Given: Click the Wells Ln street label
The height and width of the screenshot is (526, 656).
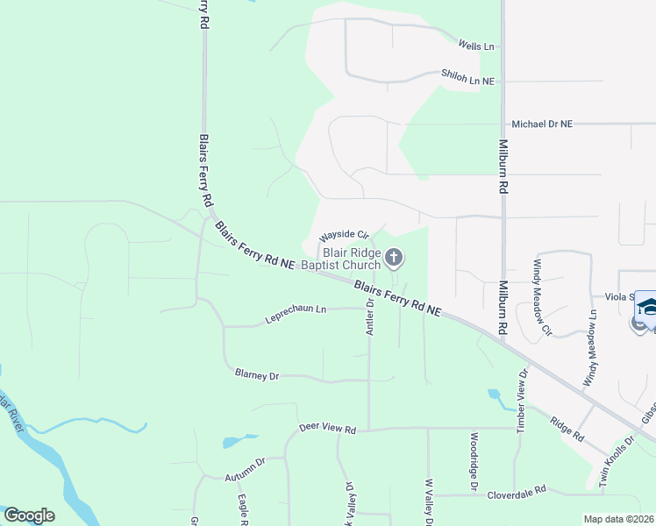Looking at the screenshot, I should (x=476, y=45).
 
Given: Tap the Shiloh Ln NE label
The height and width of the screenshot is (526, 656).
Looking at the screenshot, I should (x=468, y=80).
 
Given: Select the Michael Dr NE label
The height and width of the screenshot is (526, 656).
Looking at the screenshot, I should (x=542, y=124).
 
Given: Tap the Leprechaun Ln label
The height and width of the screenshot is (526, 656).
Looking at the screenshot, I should (x=296, y=316).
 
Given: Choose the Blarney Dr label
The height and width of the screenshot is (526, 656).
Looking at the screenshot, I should (x=257, y=374).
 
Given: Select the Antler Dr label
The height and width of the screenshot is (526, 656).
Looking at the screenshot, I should (x=370, y=316).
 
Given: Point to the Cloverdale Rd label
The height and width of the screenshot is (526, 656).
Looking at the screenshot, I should (x=517, y=489).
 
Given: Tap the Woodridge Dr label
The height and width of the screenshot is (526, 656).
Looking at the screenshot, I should (x=474, y=460).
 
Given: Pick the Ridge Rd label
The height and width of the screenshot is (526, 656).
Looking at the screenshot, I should (x=567, y=427).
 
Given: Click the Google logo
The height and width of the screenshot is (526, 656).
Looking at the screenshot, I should (x=29, y=515).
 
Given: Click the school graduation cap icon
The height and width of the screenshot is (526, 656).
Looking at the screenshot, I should (x=646, y=307).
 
